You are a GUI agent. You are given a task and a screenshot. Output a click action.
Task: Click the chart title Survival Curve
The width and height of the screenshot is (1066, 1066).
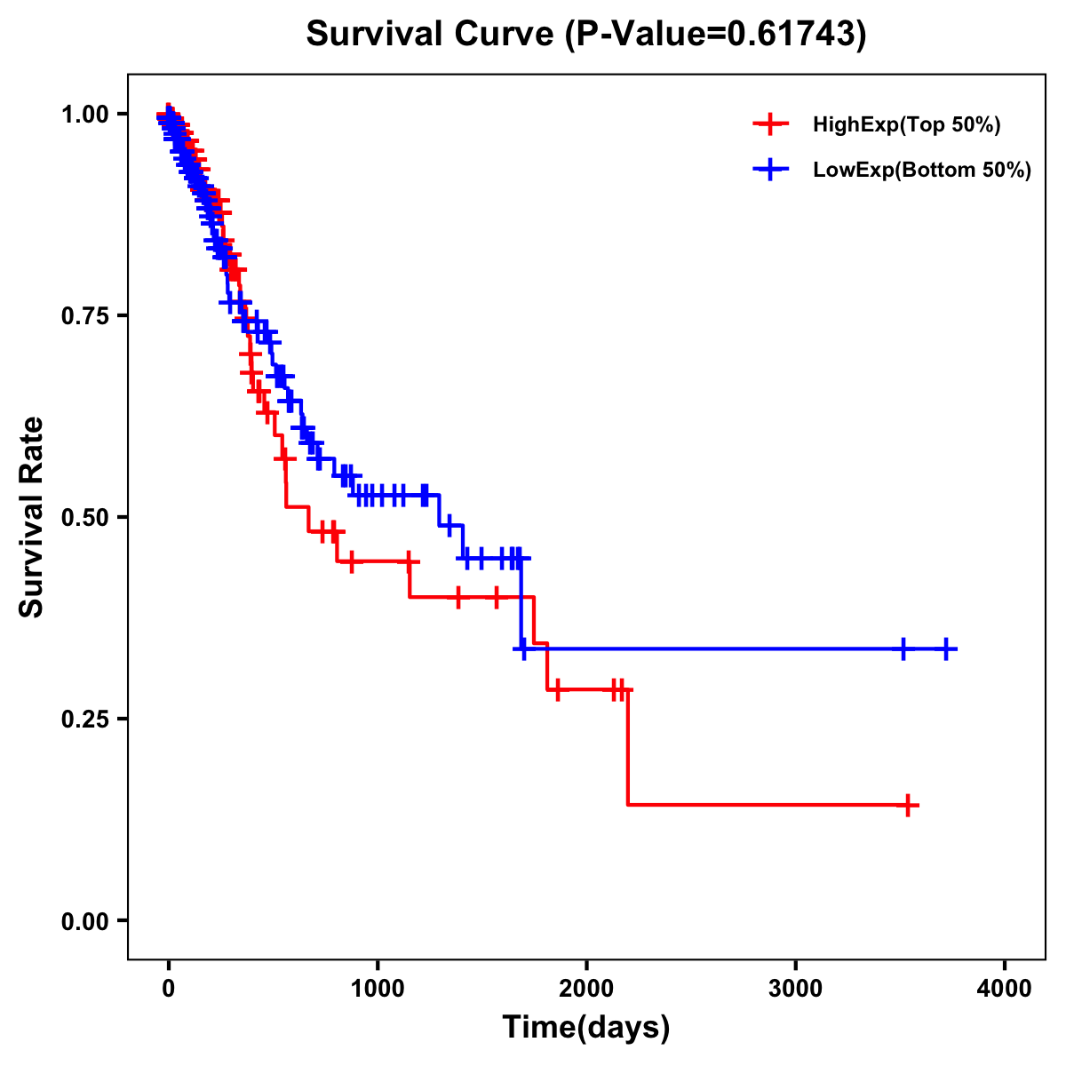pos(585,35)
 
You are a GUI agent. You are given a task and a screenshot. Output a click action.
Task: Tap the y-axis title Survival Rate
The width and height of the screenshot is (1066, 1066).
pos(32,516)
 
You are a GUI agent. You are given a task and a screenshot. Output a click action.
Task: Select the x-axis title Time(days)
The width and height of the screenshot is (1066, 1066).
pos(585,1027)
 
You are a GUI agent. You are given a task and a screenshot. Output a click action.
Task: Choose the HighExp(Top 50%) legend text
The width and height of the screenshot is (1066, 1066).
pos(907,125)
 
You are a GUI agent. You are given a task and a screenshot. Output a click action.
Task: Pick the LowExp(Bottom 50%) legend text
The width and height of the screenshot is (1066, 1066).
pos(922,170)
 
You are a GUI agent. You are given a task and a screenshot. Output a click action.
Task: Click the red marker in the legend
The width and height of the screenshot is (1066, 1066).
pos(771,124)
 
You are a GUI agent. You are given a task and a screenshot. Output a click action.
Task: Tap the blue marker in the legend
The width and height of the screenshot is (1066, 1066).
pos(771,169)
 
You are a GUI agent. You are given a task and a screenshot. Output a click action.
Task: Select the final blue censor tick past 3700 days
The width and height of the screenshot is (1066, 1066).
pos(947,649)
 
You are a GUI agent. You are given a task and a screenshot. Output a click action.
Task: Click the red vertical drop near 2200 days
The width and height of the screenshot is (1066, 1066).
pos(627,746)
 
